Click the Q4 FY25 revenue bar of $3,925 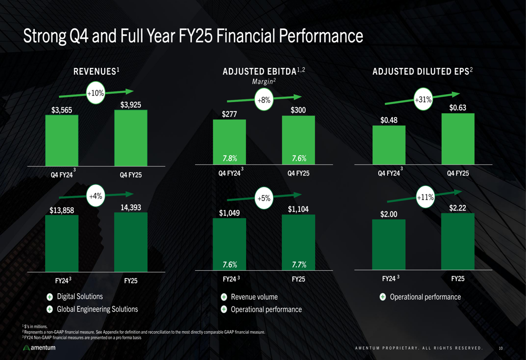(130, 138)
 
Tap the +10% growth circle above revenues (96, 94)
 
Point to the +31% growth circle (423, 99)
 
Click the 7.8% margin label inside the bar (229, 158)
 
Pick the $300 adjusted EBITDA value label (298, 110)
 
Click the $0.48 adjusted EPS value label (389, 120)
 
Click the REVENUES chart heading (96, 71)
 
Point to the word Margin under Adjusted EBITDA (264, 81)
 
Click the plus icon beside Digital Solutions (49, 297)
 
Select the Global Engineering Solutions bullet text (97, 309)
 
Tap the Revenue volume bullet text (254, 297)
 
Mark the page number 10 (501, 348)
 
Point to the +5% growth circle (264, 198)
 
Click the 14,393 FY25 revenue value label (130, 208)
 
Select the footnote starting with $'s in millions (35, 327)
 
